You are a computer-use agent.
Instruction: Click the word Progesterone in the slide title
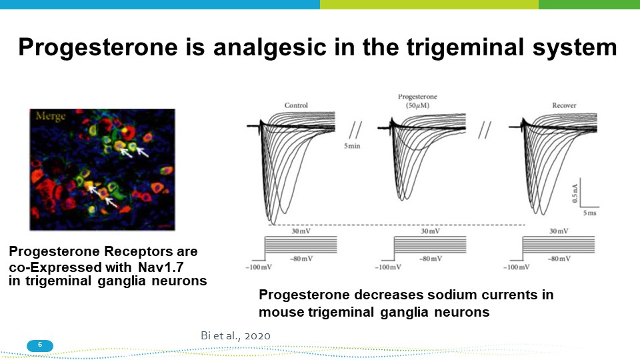click(x=98, y=47)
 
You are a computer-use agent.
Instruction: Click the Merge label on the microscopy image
click(x=51, y=116)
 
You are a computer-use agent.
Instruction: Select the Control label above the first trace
click(x=296, y=105)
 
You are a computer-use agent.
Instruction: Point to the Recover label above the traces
click(x=564, y=105)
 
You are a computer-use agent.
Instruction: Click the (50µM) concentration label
click(x=417, y=105)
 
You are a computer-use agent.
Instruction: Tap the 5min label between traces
click(x=352, y=146)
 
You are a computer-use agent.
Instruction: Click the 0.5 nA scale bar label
click(x=575, y=193)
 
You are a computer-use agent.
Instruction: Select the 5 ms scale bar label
click(x=589, y=213)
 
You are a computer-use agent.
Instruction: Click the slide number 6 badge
click(x=40, y=345)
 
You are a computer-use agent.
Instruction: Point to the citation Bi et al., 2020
click(x=235, y=335)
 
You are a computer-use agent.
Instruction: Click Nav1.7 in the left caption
click(x=161, y=267)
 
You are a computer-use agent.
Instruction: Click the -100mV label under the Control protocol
click(x=259, y=267)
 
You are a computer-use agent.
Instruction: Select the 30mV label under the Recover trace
click(x=559, y=231)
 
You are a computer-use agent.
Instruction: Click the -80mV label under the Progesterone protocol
click(x=431, y=259)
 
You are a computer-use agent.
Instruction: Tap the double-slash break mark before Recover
click(x=485, y=130)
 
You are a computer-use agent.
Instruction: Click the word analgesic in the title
click(x=270, y=47)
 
